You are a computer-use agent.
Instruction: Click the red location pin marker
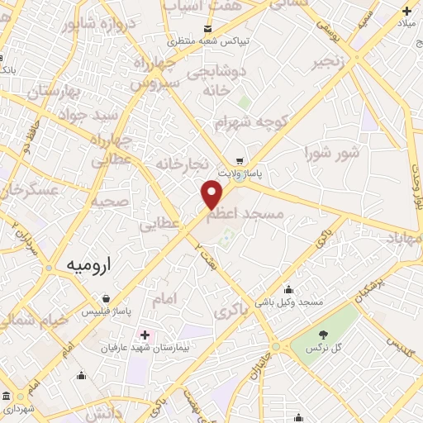(x=212, y=195)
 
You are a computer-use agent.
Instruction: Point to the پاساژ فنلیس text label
(x=107, y=313)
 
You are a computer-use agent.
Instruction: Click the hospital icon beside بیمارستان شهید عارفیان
(x=145, y=335)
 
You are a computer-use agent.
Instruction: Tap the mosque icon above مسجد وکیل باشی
(x=288, y=289)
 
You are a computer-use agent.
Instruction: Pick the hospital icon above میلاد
(x=406, y=11)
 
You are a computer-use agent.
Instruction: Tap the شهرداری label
(x=17, y=408)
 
